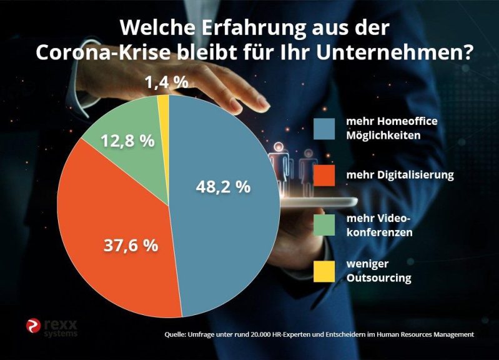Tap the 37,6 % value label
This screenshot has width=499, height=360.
coord(131,245)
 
